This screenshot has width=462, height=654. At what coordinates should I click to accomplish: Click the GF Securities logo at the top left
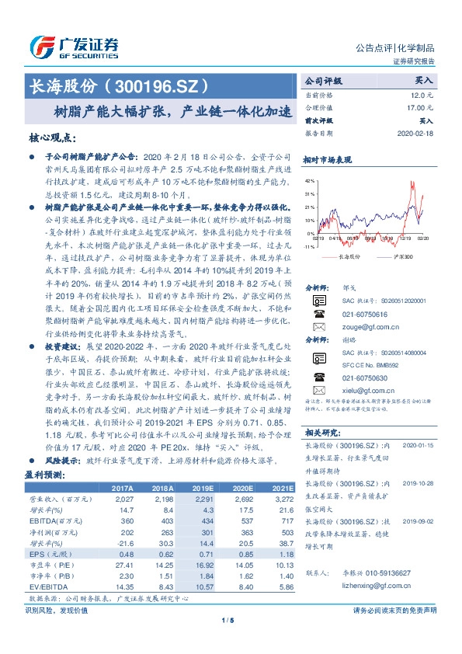tap(74, 46)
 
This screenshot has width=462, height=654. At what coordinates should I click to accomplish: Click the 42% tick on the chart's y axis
tap(310, 180)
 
